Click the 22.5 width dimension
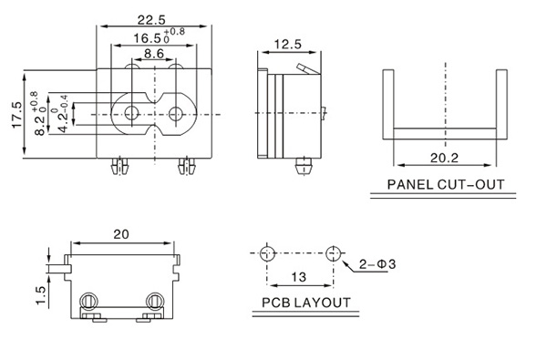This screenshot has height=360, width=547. (x=151, y=20)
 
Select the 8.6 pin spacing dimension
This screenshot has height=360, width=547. (x=154, y=54)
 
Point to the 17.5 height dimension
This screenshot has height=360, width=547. (x=17, y=115)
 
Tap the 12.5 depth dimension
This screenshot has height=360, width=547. (x=288, y=45)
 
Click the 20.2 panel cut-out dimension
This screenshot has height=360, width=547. (x=444, y=158)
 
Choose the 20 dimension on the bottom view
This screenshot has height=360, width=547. (x=121, y=234)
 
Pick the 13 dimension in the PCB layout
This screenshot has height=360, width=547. (x=299, y=277)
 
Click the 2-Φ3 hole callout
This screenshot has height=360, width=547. (x=377, y=264)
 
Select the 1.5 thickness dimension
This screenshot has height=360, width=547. (x=41, y=295)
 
